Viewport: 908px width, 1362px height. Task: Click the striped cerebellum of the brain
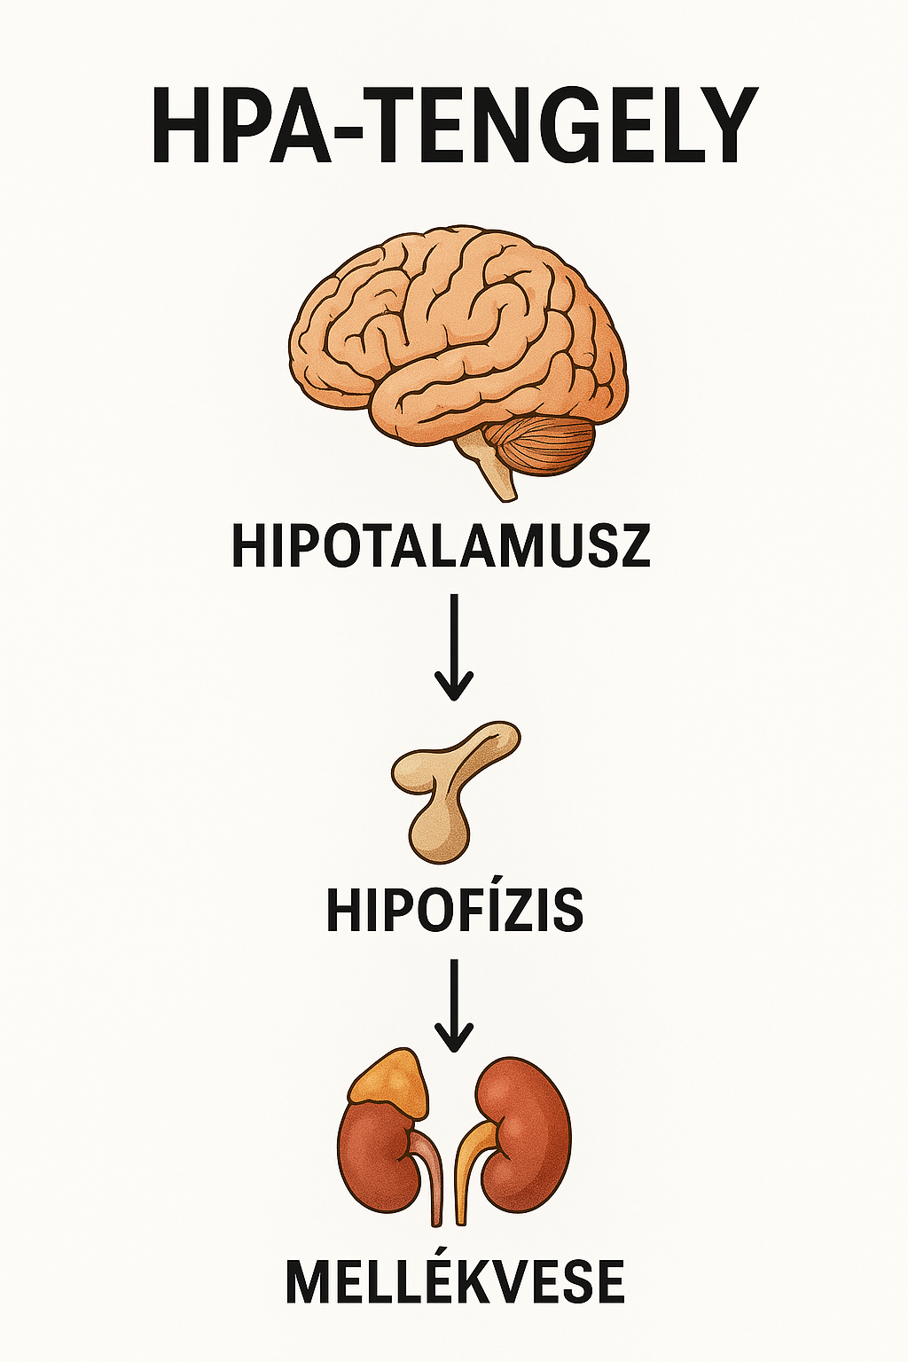tap(544, 443)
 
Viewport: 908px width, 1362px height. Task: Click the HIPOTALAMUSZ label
tap(441, 546)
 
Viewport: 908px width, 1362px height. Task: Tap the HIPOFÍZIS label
tap(455, 910)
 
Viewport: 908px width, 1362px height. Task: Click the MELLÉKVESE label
tap(455, 1282)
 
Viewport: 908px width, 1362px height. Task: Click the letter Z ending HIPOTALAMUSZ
tap(635, 546)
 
